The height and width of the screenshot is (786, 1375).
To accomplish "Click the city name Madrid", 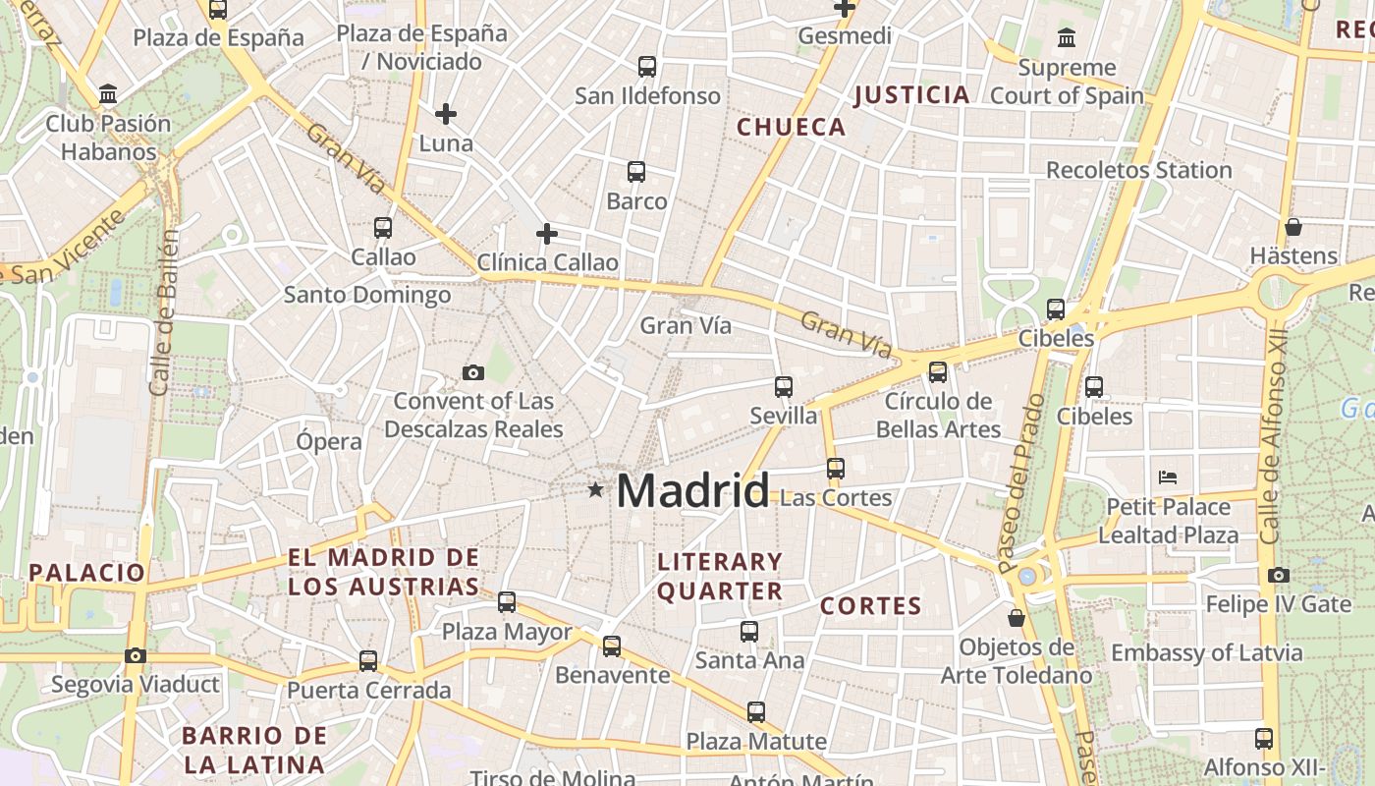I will coord(692,490).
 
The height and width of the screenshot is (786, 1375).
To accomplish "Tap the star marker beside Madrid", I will coord(595,489).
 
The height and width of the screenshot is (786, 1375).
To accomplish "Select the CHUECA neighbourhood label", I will coord(791,127).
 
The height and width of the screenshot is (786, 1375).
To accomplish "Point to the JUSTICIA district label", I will coord(911,95).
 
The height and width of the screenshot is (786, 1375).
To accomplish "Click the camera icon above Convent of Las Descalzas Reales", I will coord(473,372).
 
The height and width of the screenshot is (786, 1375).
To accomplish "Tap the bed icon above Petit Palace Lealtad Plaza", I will coord(1168,477).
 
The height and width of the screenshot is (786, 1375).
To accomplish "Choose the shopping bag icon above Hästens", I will coord(1293,227).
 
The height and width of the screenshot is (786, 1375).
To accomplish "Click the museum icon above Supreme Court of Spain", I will coord(1067,38).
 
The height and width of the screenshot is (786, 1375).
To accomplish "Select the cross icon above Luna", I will coord(446,114).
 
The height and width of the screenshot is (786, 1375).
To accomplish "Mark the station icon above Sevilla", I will coord(783,387).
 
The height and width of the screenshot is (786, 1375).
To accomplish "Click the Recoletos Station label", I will coord(1138,170).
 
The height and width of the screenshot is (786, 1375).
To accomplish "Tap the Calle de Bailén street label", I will coord(164,312).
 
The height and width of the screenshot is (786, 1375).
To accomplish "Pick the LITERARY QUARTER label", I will coord(720,577).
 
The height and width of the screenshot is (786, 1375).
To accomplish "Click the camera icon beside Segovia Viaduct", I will coord(136,655).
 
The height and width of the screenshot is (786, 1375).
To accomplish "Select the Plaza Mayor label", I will coord(507,632).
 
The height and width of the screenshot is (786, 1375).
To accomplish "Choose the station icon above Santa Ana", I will coord(749,632).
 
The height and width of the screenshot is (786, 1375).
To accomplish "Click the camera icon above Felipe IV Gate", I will coord(1278,575).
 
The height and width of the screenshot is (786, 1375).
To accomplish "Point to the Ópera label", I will coord(329,441).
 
